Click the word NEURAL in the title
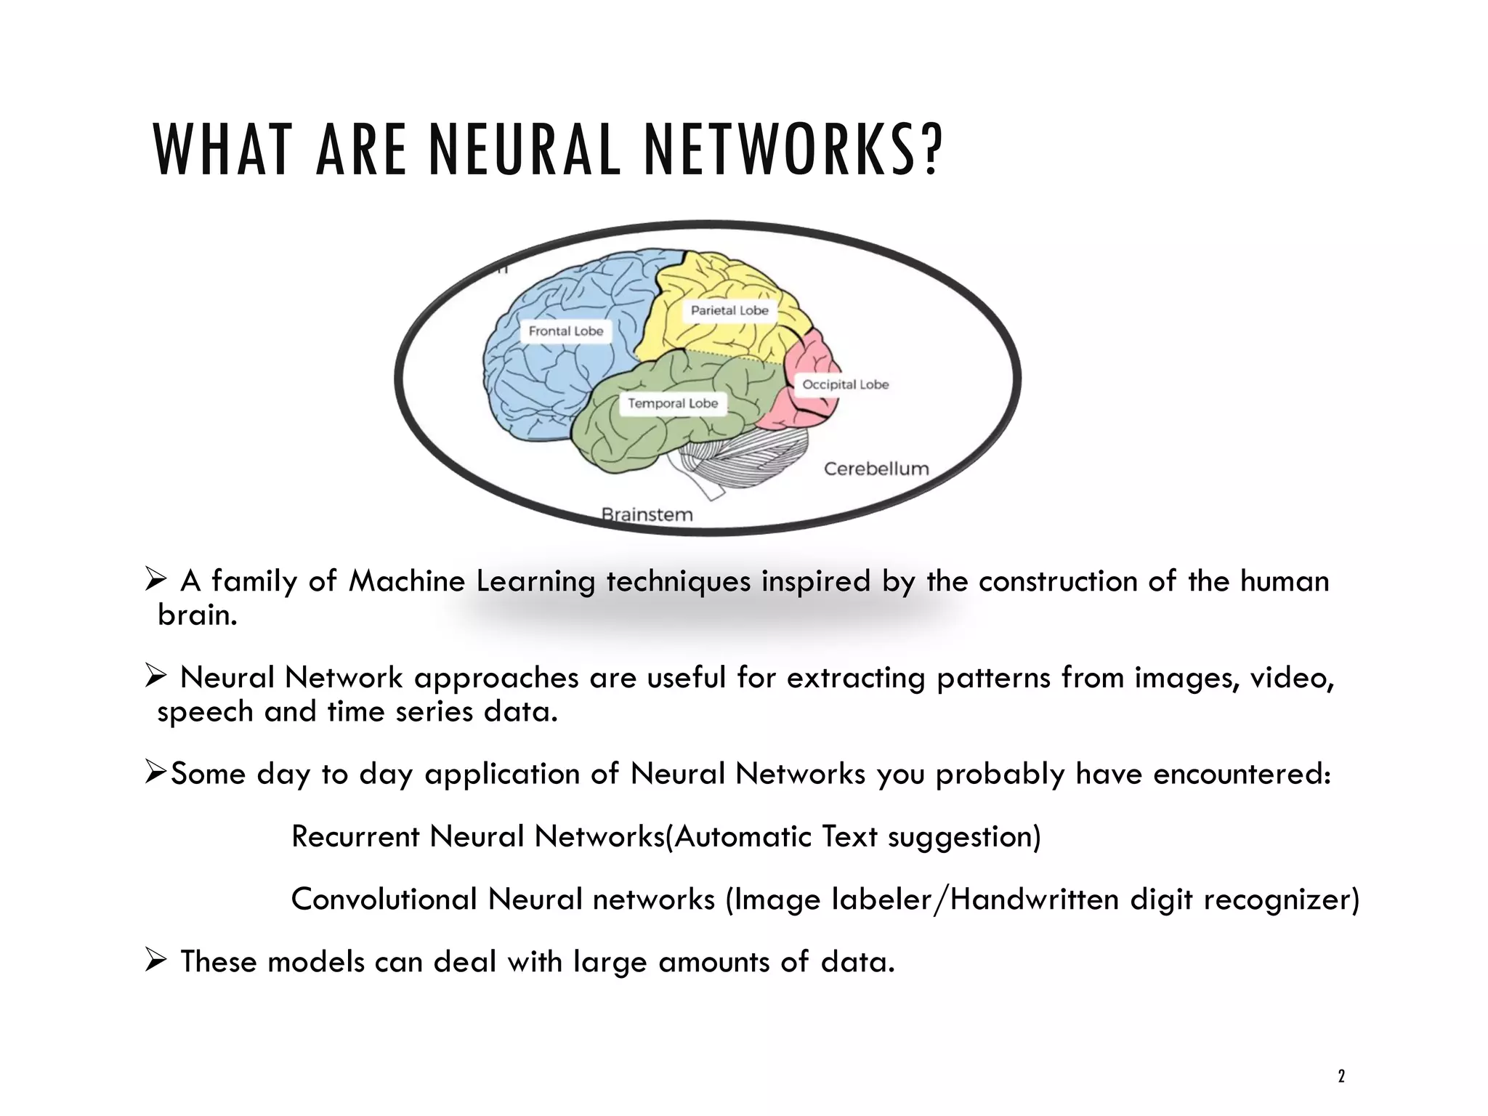(x=525, y=150)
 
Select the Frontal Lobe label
(x=566, y=331)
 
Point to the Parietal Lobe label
(x=729, y=310)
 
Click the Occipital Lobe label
(x=845, y=384)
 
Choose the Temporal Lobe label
(x=672, y=403)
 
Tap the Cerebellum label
(x=876, y=469)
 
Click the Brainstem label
(x=647, y=514)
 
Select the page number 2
(x=1341, y=1076)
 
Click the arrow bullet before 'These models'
(x=155, y=961)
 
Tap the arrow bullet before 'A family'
(x=155, y=580)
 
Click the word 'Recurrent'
(x=355, y=836)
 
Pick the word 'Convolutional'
(x=384, y=899)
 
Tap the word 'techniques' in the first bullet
(x=678, y=582)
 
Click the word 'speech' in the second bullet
(x=205, y=712)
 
